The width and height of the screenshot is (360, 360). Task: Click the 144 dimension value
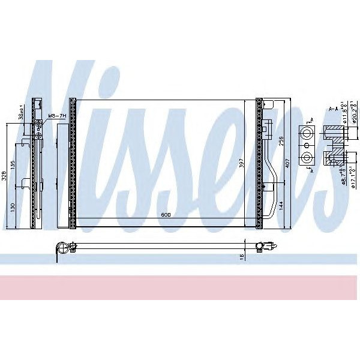tap(281, 204)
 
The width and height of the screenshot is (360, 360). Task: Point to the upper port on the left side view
tap(38, 126)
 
